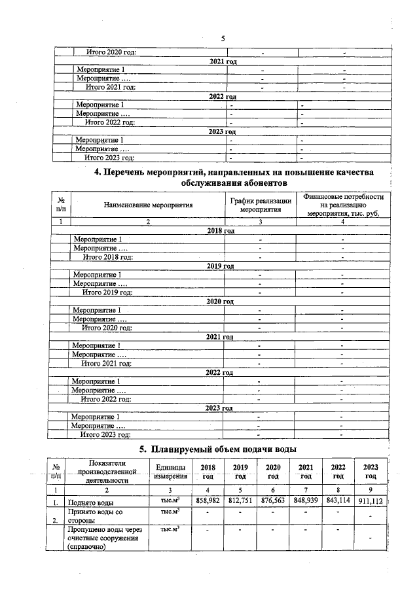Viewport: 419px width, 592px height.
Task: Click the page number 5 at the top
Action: tap(223, 39)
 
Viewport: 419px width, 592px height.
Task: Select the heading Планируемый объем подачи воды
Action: tap(219, 449)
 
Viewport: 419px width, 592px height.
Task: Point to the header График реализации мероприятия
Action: tap(260, 205)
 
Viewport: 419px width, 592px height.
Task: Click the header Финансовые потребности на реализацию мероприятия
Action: tap(344, 205)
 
